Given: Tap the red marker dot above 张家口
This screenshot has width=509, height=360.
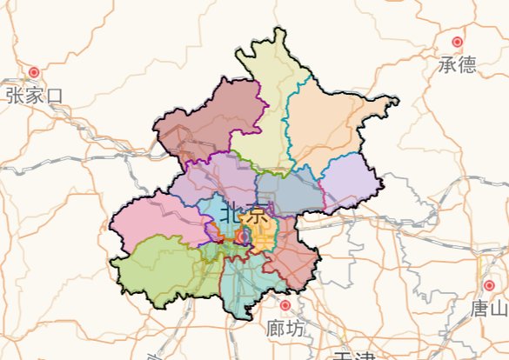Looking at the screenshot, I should pos(35,72).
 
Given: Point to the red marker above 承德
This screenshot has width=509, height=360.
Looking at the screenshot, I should pos(457,42).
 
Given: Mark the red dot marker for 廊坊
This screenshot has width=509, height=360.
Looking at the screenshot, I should pos(285,306).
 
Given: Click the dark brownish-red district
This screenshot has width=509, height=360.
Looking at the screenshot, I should pos(209,122).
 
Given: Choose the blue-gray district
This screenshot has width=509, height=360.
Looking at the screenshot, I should pos(287,191).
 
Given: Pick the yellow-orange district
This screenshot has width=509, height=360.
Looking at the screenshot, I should pos(261,230).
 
